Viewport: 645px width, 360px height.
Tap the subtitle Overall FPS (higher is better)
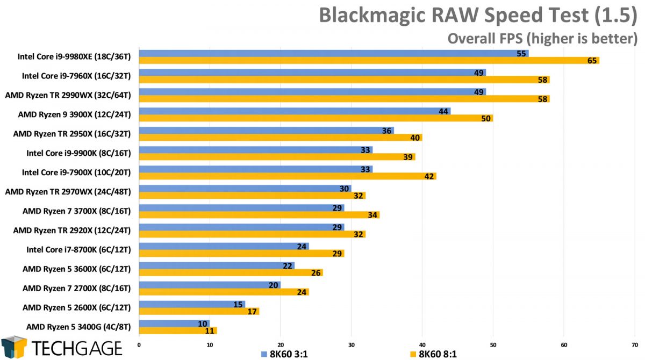tap(542, 38)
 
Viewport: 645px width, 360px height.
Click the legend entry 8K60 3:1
tap(285, 353)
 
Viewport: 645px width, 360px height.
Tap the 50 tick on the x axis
tap(493, 344)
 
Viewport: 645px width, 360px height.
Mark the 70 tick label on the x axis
tap(635, 344)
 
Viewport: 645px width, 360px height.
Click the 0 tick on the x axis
tap(139, 344)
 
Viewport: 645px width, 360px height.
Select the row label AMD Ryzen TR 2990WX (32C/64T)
tap(69, 95)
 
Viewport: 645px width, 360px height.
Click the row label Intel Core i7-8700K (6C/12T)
tap(79, 249)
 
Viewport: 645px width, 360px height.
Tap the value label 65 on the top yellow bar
tap(592, 61)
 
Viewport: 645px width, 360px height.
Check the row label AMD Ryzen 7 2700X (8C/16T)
tap(77, 288)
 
